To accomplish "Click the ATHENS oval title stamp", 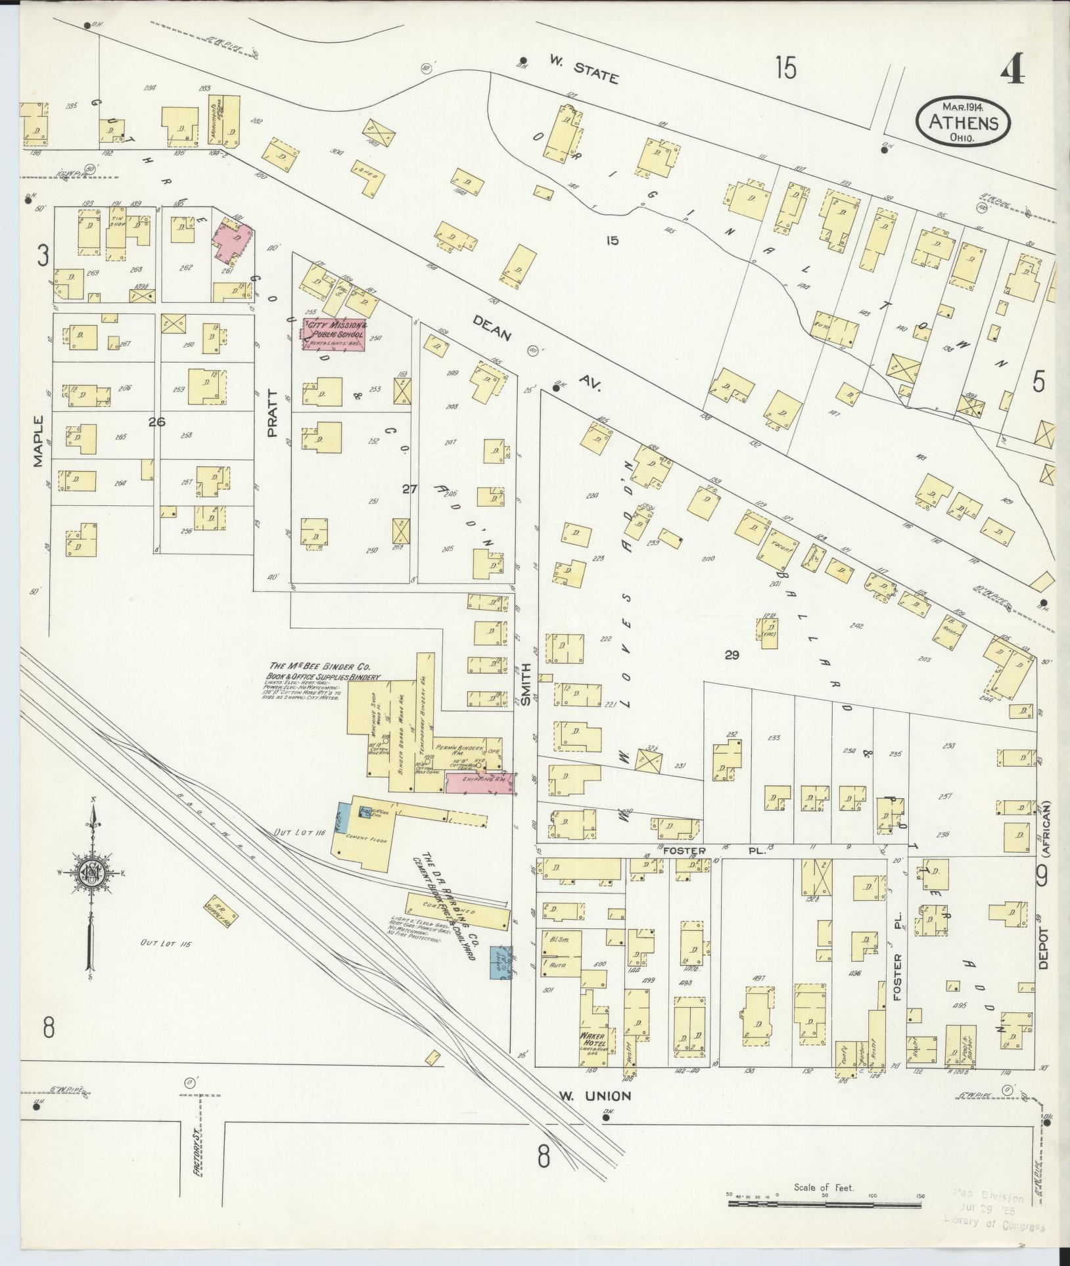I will pyautogui.click(x=963, y=122).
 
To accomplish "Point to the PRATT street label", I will pyautogui.click(x=272, y=414).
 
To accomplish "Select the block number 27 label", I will pyautogui.click(x=409, y=488).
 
